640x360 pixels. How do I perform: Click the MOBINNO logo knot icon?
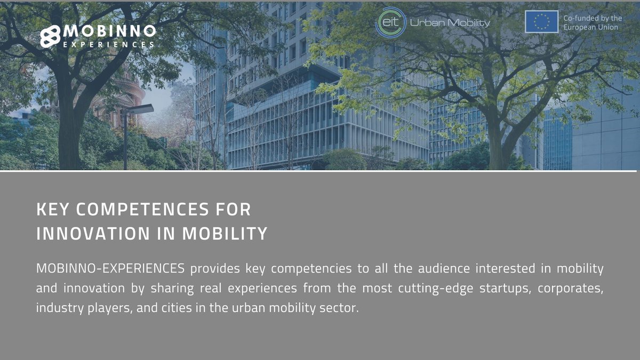[x=51, y=36]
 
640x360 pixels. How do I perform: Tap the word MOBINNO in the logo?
[x=109, y=31]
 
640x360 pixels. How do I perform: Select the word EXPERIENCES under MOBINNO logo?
[x=109, y=45]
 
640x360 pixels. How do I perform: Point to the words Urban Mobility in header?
[x=450, y=23]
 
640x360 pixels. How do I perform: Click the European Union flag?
[x=541, y=22]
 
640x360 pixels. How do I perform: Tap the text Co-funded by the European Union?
[x=592, y=22]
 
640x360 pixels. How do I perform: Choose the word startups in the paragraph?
[x=504, y=289]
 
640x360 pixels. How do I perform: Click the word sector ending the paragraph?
[x=338, y=308]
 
